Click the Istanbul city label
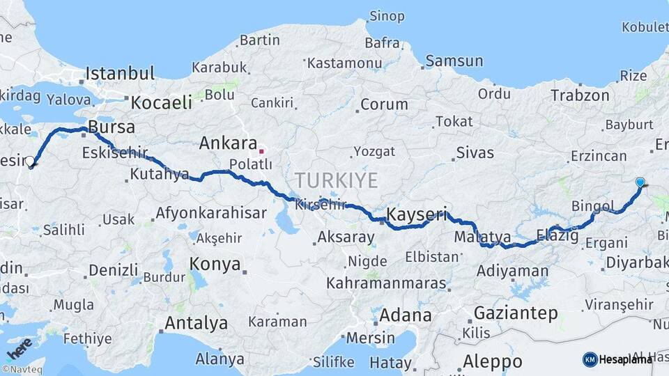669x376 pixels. [120, 73]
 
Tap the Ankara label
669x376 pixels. [228, 143]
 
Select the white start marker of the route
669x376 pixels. [30, 162]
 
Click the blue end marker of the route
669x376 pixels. [640, 182]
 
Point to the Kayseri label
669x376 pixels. [415, 212]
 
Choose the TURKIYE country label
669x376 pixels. [336, 180]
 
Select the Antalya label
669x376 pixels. [196, 323]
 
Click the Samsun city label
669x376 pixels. [454, 61]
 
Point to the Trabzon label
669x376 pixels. [580, 95]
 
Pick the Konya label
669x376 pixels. [215, 265]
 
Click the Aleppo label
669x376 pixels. [492, 362]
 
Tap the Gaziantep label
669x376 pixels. [516, 313]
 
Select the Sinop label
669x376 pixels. [386, 15]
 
